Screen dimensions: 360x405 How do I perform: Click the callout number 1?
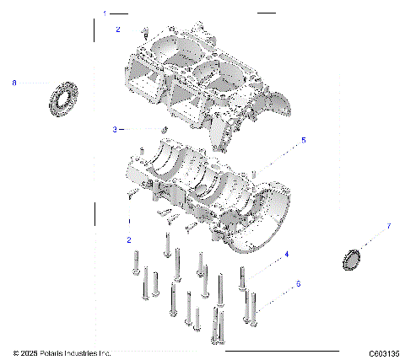click(x=105, y=13)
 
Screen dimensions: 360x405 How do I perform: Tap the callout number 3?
click(x=115, y=129)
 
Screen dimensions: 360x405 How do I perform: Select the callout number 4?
click(x=287, y=254)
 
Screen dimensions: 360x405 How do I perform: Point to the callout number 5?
click(x=304, y=140)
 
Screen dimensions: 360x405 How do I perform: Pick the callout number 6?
click(x=298, y=284)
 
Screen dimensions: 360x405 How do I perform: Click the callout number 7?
click(x=388, y=226)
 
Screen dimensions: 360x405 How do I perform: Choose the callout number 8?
click(x=14, y=83)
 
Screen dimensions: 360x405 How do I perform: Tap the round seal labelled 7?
click(x=353, y=260)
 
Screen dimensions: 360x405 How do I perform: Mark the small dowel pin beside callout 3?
click(x=165, y=129)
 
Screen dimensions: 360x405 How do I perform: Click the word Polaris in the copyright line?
click(x=58, y=352)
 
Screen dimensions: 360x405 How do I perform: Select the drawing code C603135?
click(x=383, y=352)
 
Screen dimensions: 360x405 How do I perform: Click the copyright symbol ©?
click(x=16, y=352)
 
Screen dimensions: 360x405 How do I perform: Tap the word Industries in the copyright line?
click(x=90, y=352)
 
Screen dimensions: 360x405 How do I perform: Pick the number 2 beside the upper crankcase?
click(x=118, y=30)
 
